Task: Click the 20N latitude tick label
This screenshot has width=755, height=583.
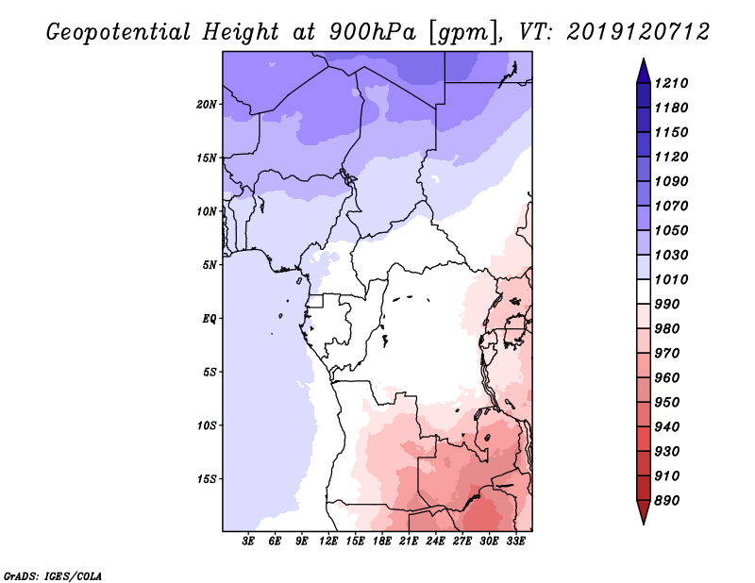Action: click(207, 104)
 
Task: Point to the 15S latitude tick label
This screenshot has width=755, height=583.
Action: click(207, 478)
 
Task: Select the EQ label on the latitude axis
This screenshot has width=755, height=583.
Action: click(210, 318)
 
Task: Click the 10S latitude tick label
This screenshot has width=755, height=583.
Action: click(207, 425)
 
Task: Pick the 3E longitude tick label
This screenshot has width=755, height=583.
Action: click(249, 541)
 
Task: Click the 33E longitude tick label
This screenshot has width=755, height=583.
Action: click(516, 541)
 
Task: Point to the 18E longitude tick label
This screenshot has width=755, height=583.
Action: click(382, 541)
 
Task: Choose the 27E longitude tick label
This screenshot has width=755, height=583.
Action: click(462, 541)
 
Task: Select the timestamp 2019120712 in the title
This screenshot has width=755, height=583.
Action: click(638, 31)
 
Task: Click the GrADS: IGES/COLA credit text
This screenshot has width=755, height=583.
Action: click(52, 575)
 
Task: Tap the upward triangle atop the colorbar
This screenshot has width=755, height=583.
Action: click(643, 69)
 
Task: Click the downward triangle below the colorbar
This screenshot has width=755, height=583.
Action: click(643, 512)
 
